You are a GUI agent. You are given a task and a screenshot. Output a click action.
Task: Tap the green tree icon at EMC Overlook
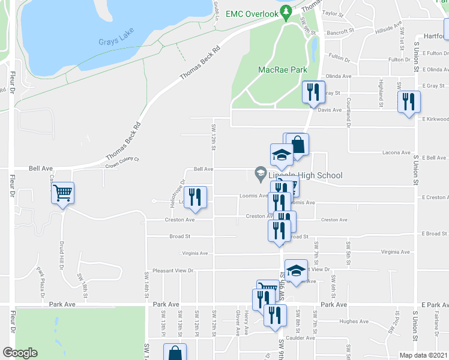pos(287,11)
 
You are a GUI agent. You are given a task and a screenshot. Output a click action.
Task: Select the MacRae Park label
pos(279,70)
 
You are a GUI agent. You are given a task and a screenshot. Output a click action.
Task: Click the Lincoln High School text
pos(306,175)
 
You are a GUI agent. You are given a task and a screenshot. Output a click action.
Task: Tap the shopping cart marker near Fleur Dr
pos(62,194)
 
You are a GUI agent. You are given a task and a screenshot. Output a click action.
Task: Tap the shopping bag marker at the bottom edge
pos(175,353)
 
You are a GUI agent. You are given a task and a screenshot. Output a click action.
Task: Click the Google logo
pos(20,353)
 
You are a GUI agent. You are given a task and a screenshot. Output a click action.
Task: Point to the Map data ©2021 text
pos(423,355)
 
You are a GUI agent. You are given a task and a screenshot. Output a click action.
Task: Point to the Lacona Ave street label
pos(396,152)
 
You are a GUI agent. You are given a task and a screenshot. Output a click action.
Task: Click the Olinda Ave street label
pos(339,76)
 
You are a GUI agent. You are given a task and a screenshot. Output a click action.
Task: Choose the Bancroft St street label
pos(337,32)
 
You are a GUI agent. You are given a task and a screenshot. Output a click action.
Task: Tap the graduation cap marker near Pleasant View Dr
pos(296,269)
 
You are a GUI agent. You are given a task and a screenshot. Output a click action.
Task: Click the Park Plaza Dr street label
pos(41,283)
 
